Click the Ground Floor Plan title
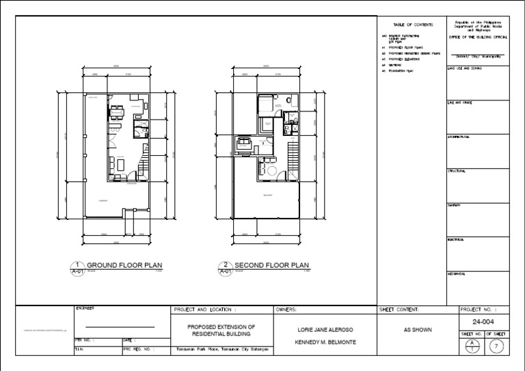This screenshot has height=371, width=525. coord(124,265)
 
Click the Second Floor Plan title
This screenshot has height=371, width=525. coord(271,265)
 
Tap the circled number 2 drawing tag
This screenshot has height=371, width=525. coord(225,264)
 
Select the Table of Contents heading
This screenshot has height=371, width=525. coord(409,24)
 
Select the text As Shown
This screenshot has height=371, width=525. coord(418,329)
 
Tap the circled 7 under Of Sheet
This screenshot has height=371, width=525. coord(498,346)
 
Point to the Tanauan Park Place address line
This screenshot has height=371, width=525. coord(221,350)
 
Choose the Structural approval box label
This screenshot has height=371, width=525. coord(457,171)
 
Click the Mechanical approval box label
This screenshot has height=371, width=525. coord(457,274)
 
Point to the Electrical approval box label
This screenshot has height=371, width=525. coord(457,240)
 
